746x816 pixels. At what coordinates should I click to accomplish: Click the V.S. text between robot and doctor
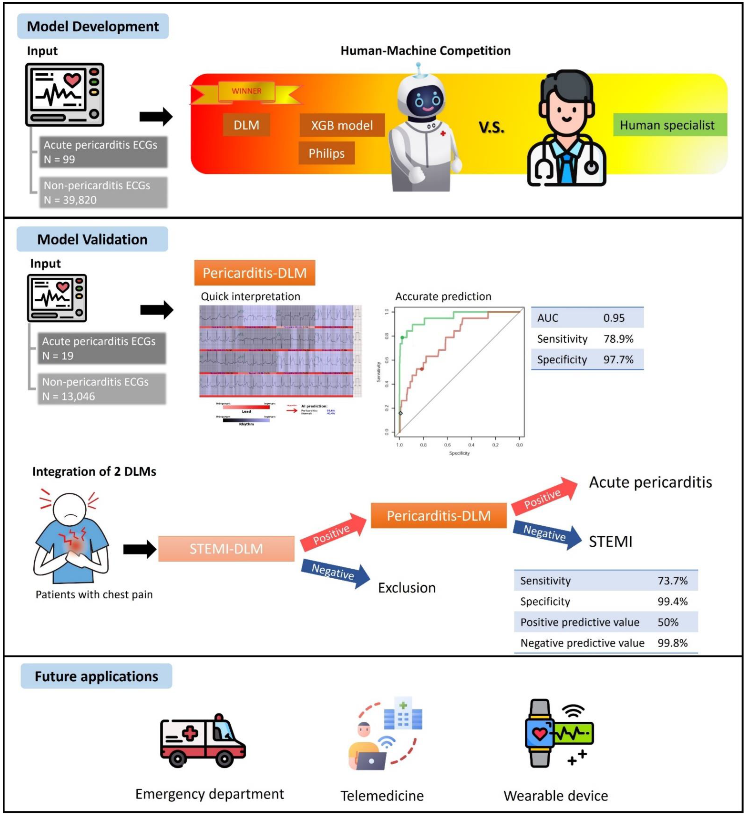coord(491,128)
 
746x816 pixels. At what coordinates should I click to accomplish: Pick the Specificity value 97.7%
coord(618,360)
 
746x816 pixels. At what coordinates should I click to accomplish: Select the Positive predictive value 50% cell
coord(668,622)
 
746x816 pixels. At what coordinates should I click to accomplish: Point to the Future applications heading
coord(96,676)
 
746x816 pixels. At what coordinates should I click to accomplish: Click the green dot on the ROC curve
coord(402,338)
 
